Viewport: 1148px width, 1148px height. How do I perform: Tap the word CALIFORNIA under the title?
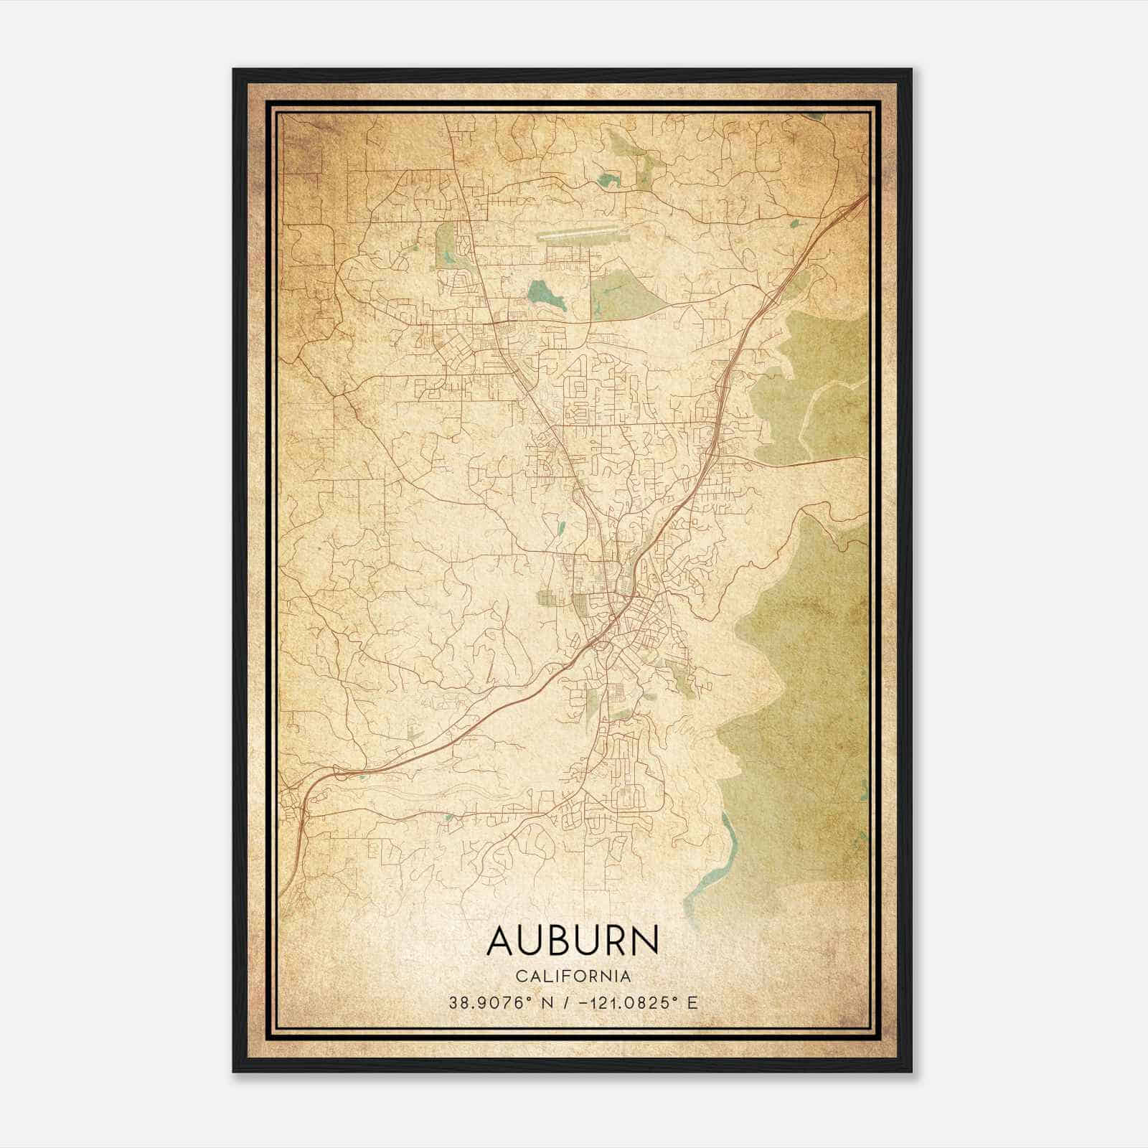(x=572, y=977)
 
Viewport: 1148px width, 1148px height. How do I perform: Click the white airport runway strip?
(x=581, y=233)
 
